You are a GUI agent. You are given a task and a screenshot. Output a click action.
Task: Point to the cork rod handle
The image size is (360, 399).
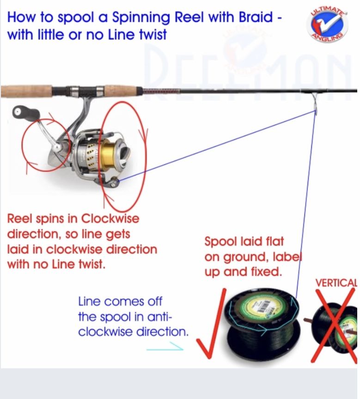click(28, 90)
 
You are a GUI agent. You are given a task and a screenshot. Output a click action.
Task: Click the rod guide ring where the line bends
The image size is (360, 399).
click(314, 103)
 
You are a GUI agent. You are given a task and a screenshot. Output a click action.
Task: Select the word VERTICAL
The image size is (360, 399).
click(336, 282)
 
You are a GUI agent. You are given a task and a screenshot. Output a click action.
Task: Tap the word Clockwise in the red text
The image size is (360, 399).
click(110, 218)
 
